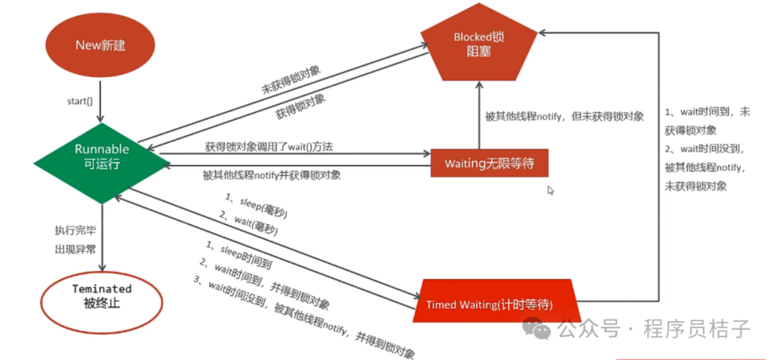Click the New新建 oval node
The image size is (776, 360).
(x=101, y=45)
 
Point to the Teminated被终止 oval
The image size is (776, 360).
(x=102, y=295)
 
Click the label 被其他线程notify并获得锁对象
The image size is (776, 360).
(x=272, y=175)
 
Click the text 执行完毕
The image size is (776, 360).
(x=75, y=231)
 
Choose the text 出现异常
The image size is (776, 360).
(x=75, y=249)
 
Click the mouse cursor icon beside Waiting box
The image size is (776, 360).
(x=550, y=190)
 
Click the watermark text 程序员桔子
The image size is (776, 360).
(x=697, y=330)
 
